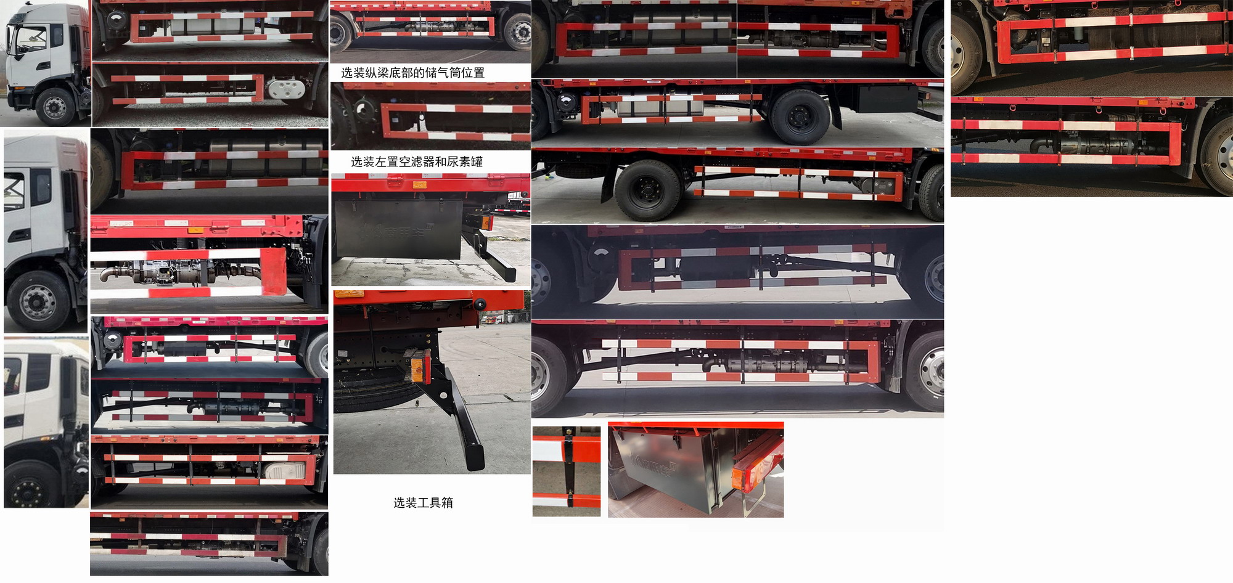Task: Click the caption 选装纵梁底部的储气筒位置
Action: click(x=412, y=73)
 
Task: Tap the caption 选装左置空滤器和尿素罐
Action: click(x=417, y=161)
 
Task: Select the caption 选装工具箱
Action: click(x=423, y=503)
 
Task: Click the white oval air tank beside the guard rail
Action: click(x=287, y=89)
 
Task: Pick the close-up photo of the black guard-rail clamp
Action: click(x=566, y=471)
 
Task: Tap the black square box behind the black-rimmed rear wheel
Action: click(x=888, y=99)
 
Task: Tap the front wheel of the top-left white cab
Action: click(x=55, y=107)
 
